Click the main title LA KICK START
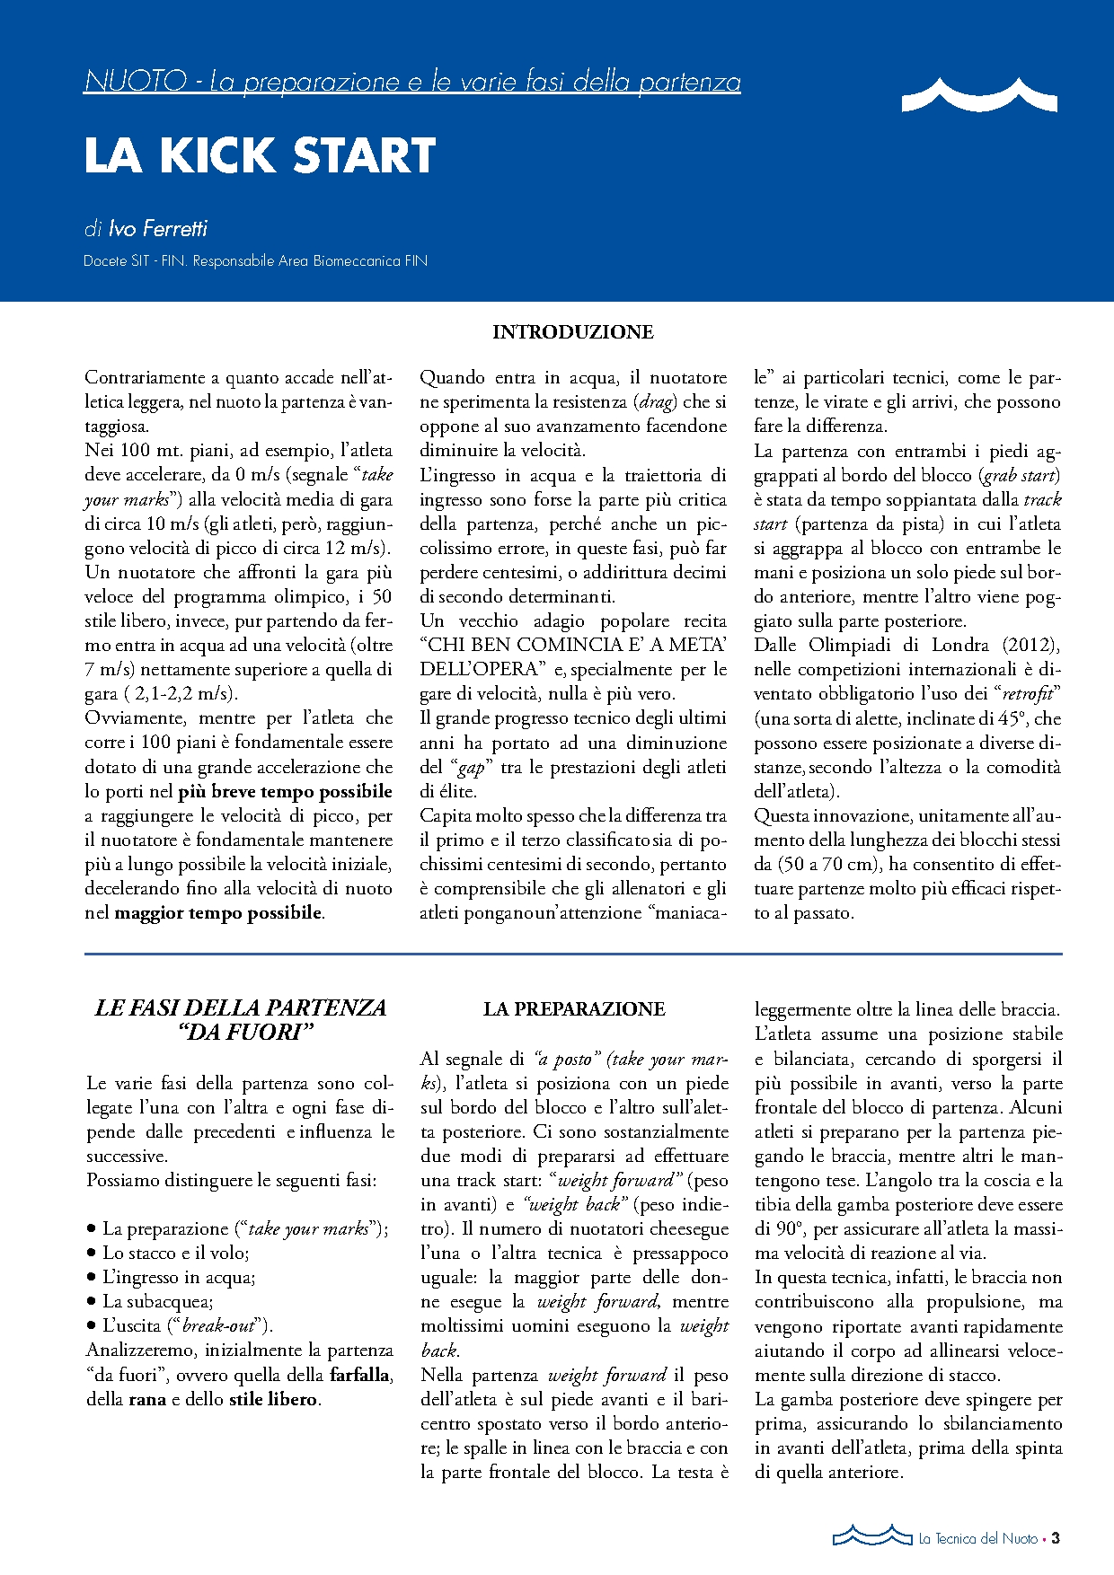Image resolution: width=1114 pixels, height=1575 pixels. [x=260, y=156]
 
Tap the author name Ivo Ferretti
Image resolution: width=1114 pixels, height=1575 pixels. [x=157, y=229]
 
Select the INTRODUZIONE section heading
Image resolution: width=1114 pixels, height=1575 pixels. [x=572, y=332]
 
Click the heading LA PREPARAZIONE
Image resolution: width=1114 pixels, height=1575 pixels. [x=574, y=1009]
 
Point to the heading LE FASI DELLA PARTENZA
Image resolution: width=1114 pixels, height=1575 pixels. [x=241, y=1008]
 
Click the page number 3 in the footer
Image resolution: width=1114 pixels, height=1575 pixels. [x=1056, y=1538]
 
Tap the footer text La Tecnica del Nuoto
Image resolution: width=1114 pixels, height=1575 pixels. [x=977, y=1539]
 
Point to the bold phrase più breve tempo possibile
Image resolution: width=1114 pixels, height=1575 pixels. [x=286, y=792]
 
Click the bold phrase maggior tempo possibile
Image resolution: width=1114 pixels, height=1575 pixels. [x=218, y=913]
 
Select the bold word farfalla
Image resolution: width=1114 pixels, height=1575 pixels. [x=359, y=1375]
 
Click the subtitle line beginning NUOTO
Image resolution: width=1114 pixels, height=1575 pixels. [x=412, y=82]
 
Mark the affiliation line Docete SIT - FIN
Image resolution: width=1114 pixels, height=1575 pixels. [x=255, y=261]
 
